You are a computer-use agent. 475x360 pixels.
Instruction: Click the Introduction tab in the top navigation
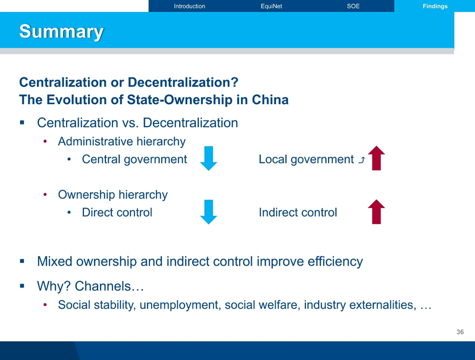pos(189,6)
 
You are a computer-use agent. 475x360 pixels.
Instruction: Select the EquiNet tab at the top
pos(271,6)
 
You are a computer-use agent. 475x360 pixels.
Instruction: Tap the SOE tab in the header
pos(353,6)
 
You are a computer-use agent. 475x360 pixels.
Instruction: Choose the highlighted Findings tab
pos(435,6)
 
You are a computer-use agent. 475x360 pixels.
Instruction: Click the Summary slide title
pos(62,31)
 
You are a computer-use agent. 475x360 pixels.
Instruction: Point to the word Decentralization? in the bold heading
pos(183,82)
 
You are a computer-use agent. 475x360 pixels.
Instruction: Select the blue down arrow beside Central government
pos(209,159)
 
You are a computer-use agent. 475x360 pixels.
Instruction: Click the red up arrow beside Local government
pos(376,158)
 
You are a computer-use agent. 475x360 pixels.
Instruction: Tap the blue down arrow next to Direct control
pos(209,212)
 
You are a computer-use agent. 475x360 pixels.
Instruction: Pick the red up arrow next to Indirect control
pos(376,212)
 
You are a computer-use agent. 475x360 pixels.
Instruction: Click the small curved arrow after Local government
pos(362,160)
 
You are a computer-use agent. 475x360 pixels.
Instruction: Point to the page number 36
pos(460,332)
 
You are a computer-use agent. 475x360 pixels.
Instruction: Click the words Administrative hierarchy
pos(122,142)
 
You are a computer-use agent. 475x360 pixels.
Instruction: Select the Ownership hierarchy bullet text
pos(113,195)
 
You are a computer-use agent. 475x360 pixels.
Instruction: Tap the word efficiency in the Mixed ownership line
pos(335,261)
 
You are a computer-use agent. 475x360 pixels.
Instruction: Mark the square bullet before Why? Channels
pos(22,285)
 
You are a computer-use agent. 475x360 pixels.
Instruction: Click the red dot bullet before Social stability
pos(45,305)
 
